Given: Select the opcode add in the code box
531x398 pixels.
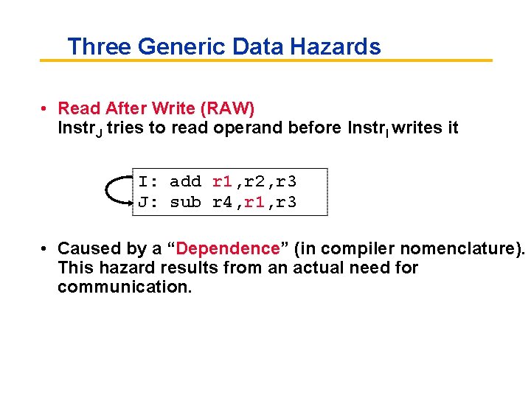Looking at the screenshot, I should coord(185,181).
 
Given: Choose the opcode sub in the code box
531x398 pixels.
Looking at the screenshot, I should coord(185,202).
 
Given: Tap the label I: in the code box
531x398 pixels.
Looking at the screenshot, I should coord(148,181).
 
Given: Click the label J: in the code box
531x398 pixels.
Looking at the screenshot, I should coord(148,202).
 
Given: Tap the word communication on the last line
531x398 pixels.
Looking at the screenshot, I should coord(124,287).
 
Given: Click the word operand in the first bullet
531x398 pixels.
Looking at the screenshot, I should coord(249,128).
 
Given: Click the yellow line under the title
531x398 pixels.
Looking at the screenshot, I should coord(265,60).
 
